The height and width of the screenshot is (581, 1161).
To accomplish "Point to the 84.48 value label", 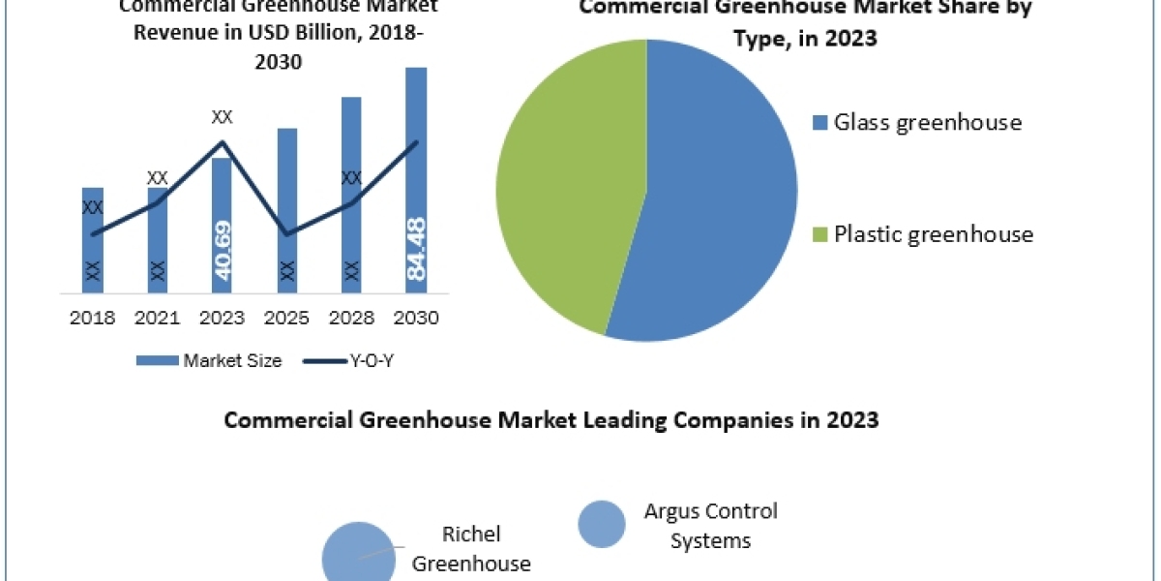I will click(x=417, y=250).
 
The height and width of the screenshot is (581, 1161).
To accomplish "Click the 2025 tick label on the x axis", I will click(x=286, y=318).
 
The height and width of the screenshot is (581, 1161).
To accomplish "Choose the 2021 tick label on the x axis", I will click(x=157, y=318).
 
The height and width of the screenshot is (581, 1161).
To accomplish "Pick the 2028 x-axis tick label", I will click(x=351, y=318).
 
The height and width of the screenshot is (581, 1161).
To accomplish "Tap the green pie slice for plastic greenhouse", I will click(x=571, y=184).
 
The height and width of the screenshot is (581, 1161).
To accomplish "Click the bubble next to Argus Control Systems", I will click(x=602, y=525).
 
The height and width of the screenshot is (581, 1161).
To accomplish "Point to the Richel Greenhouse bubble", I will click(x=358, y=554).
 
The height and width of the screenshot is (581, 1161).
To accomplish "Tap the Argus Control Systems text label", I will click(x=710, y=526).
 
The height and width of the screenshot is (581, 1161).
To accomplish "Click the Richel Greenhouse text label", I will click(x=471, y=549).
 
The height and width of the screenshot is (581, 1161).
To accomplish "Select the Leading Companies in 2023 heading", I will click(x=551, y=420).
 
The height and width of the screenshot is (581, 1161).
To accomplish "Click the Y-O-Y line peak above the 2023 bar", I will click(x=223, y=142).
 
